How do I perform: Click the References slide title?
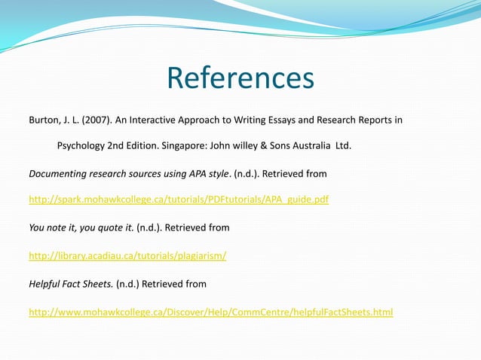[240, 78]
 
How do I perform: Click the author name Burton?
[44, 120]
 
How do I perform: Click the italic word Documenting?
[58, 173]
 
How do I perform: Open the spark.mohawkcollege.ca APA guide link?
[179, 200]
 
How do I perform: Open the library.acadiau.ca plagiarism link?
[127, 255]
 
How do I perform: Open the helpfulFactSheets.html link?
[210, 311]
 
